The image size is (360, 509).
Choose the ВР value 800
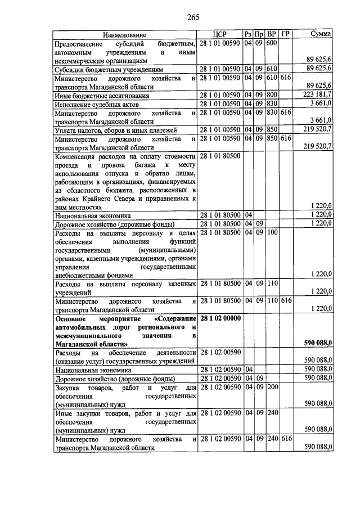(x=271, y=94)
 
